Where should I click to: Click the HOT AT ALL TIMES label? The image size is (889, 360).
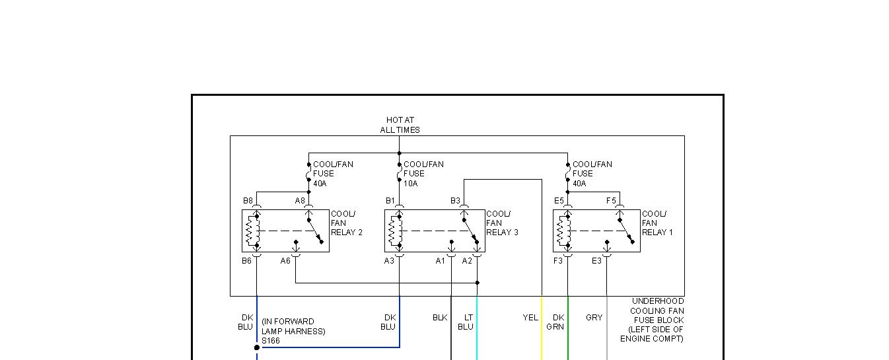tap(400, 125)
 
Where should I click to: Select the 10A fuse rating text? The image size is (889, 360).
tap(410, 183)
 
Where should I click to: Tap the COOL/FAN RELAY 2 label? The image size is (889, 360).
tap(346, 223)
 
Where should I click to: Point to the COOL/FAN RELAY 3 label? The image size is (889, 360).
tap(502, 223)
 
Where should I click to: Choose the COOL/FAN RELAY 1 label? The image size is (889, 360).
tap(657, 223)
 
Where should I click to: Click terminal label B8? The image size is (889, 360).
tap(248, 201)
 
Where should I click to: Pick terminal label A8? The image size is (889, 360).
tap(300, 201)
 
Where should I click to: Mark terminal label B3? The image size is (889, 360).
tap(455, 201)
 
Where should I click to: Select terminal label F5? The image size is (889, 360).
tap(611, 201)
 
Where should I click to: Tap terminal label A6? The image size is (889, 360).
tap(285, 261)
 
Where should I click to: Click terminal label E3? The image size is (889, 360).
tap(596, 261)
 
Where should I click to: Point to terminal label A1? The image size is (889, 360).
tap(441, 261)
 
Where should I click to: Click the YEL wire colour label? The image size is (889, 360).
tap(530, 318)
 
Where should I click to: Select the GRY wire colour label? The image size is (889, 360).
tap(594, 318)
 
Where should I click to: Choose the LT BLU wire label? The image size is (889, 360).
tap(466, 322)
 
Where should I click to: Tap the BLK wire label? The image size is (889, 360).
tap(440, 318)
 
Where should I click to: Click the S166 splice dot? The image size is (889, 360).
tap(257, 347)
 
